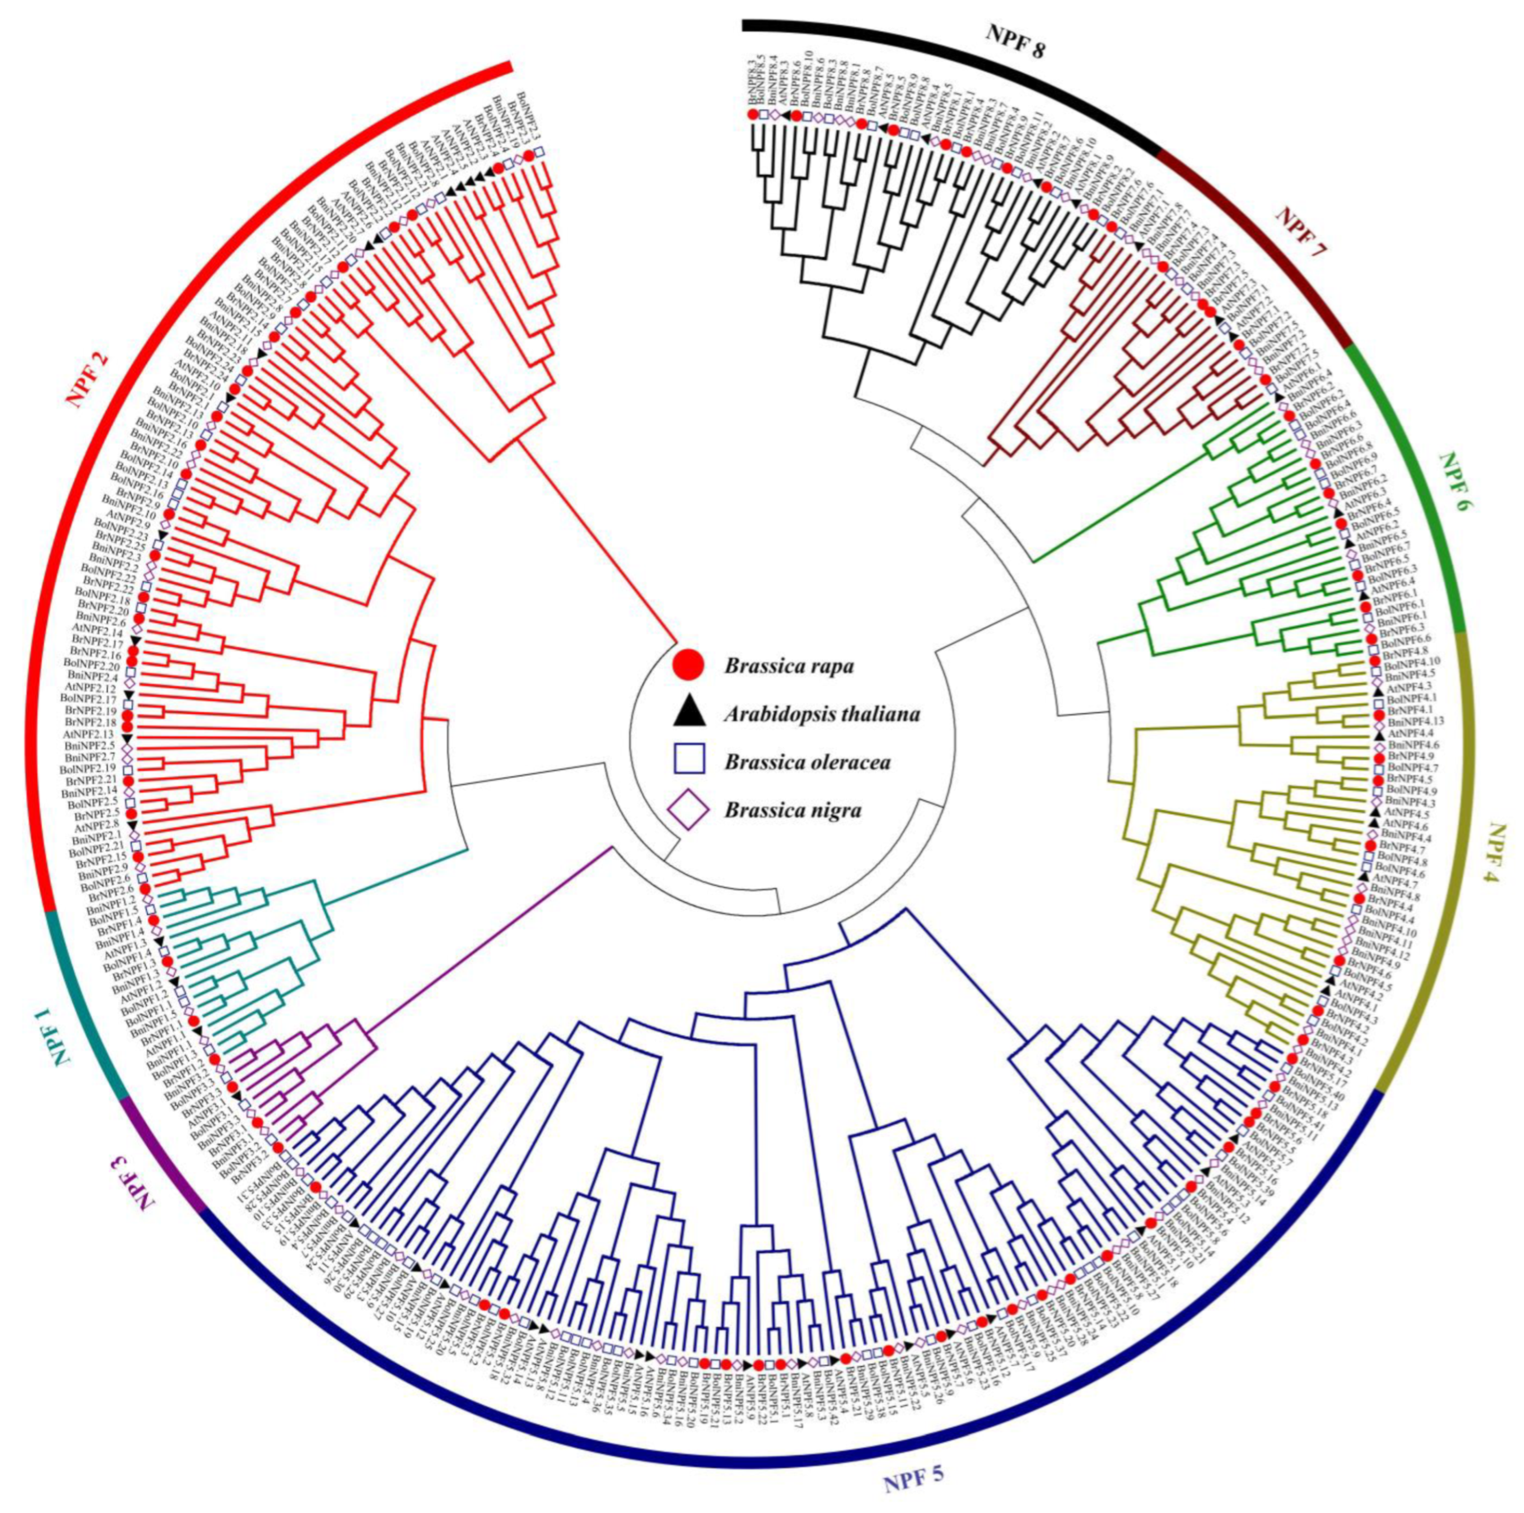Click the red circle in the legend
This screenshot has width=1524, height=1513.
688,665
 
